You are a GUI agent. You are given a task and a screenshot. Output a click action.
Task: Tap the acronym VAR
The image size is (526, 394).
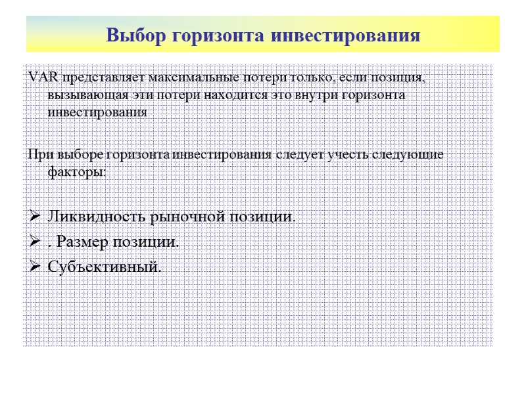[43, 78]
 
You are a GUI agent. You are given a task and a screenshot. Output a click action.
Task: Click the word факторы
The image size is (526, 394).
[76, 172]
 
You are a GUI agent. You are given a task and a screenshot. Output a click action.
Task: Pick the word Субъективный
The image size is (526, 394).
[104, 267]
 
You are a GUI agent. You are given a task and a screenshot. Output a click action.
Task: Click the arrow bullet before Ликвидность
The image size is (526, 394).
[35, 216]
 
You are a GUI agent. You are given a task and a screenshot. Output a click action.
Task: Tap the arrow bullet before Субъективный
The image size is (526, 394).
[35, 267]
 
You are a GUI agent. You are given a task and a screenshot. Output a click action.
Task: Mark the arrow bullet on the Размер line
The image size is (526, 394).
[35, 242]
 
